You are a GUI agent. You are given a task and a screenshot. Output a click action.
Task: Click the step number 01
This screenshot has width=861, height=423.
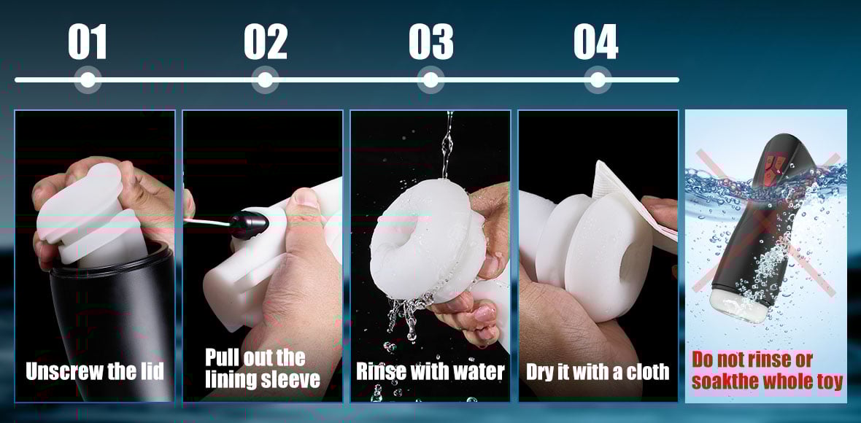[88, 42]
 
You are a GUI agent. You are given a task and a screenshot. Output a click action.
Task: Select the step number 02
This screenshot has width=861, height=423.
[266, 42]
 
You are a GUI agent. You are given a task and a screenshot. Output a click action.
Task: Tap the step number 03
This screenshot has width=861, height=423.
[430, 42]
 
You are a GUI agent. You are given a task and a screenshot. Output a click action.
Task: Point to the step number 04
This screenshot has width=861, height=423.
[595, 42]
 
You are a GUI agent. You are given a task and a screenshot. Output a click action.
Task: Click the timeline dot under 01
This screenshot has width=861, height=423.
[88, 79]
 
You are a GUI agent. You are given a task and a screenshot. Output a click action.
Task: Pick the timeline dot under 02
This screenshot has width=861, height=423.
[265, 79]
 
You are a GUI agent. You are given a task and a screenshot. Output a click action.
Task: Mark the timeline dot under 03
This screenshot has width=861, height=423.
[430, 79]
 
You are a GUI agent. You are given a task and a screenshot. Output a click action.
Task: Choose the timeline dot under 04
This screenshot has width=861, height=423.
[597, 79]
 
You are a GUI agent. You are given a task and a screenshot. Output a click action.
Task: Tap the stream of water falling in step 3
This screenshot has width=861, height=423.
[447, 146]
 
